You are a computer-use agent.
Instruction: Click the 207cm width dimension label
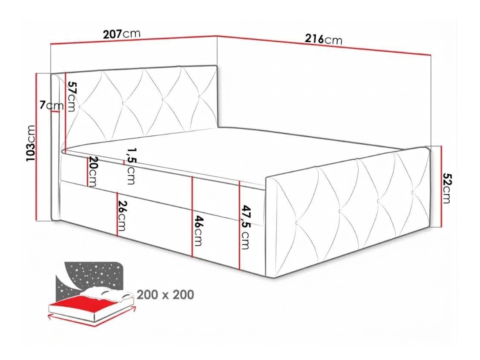pos(121,34)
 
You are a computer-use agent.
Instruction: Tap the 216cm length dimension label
pos(323,39)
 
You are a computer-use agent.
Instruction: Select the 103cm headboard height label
pos(30,146)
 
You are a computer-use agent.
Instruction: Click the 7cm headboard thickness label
pos(52,106)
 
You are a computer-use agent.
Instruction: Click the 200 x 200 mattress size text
pos(165,295)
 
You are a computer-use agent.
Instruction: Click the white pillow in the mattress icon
pos(106,293)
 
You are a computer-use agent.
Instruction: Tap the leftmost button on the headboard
pos(80,107)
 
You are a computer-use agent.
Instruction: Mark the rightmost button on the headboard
pos(200,96)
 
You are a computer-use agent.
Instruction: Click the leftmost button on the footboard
pos(297,223)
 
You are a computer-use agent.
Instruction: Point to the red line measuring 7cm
pos(55,111)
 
